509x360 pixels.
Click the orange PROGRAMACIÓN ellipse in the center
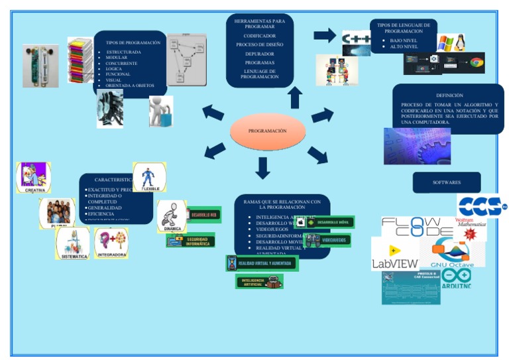[x=268, y=131]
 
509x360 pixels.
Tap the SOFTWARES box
[x=446, y=182]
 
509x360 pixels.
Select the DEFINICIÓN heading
[x=449, y=95]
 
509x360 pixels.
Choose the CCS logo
[x=481, y=205]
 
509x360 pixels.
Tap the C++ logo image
[x=357, y=41]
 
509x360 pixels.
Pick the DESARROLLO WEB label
[x=202, y=215]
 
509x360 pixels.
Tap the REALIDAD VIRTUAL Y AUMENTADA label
[x=262, y=264]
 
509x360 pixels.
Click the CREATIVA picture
[x=34, y=178]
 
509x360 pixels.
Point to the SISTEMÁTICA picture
[x=73, y=243]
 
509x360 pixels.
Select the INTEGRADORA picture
[x=111, y=243]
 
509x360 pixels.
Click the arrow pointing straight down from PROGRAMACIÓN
[x=263, y=168]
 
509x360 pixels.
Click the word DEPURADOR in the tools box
[x=259, y=54]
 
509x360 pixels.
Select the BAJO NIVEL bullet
[x=404, y=40]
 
